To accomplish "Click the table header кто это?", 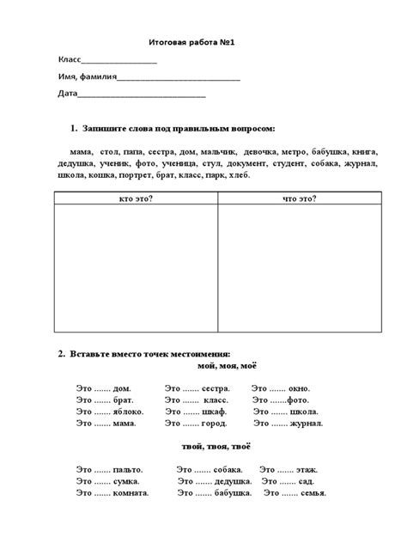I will click(x=136, y=198).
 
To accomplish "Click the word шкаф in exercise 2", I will click(x=214, y=412).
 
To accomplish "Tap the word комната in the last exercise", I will click(x=131, y=493).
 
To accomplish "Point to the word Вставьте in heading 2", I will click(x=94, y=353).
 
